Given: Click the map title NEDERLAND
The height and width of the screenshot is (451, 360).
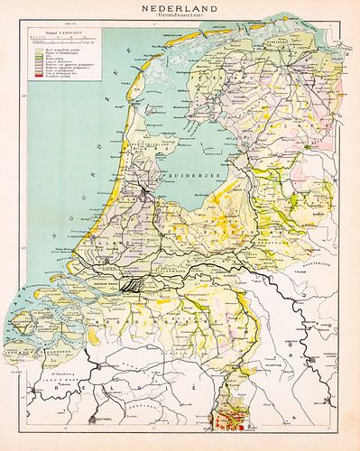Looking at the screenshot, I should point(180,6).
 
